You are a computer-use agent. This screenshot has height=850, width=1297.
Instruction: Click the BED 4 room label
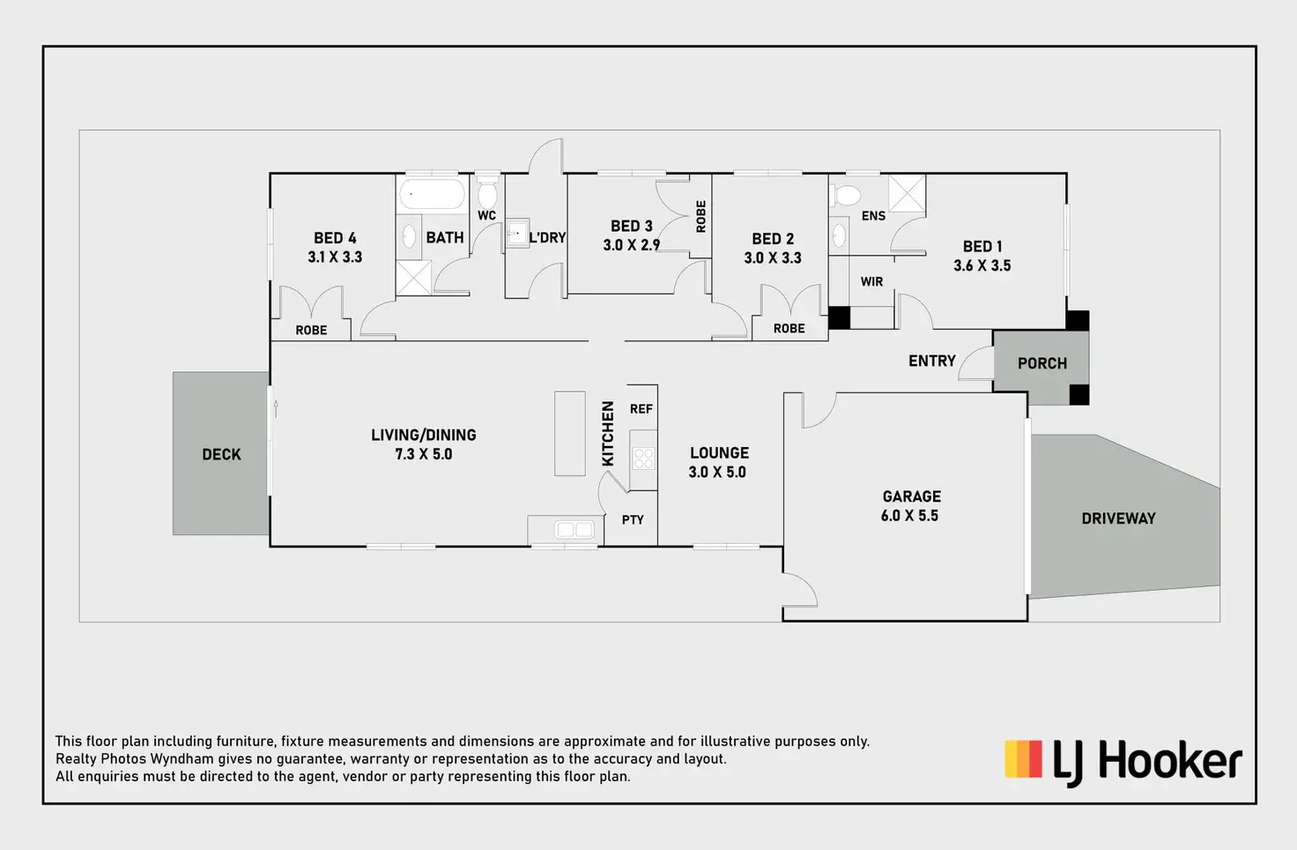[x=335, y=238]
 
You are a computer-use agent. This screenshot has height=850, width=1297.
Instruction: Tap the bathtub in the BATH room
[x=432, y=194]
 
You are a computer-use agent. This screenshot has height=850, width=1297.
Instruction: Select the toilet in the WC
[x=487, y=194]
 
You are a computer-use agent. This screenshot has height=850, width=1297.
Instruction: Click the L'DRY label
[x=547, y=237]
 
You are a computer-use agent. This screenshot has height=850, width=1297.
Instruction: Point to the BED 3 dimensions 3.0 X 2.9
[x=631, y=245]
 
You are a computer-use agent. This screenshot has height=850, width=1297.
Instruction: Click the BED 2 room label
[x=773, y=239]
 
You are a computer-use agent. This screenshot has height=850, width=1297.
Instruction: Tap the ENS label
[x=873, y=216]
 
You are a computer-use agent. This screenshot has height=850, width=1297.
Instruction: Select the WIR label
[x=871, y=282]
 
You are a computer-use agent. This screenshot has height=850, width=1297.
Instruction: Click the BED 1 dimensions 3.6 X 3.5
[x=982, y=265]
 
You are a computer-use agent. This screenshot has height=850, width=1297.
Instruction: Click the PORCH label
[x=1041, y=363]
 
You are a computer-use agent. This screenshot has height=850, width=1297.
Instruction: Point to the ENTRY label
[x=931, y=361]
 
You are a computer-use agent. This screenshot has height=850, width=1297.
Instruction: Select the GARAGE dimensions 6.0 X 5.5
[x=909, y=516]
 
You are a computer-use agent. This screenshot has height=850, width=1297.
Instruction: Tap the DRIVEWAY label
[x=1118, y=518]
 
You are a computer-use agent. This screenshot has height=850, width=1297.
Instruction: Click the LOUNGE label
[x=719, y=453]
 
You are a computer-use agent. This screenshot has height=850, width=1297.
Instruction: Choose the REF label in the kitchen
[x=641, y=409]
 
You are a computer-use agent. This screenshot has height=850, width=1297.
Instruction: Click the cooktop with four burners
[x=643, y=458]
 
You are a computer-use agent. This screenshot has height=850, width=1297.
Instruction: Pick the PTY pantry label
[x=633, y=520]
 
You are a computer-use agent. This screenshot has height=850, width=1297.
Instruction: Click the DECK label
[x=221, y=454]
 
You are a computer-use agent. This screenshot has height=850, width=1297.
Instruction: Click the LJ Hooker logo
[x=1123, y=762]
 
